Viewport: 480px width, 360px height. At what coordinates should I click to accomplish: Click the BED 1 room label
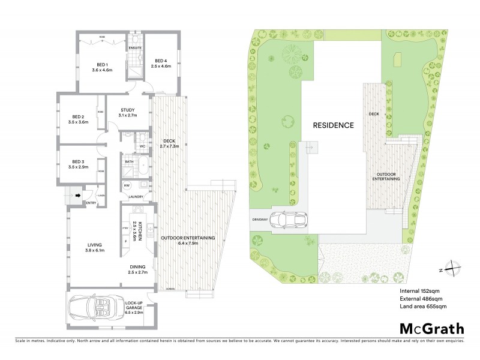[102, 65]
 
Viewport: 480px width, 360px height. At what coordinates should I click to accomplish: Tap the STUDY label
[127, 110]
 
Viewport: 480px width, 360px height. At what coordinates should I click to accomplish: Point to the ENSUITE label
[135, 47]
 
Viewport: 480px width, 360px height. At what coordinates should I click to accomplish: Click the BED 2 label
[78, 116]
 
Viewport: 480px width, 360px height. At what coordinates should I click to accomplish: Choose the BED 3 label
[78, 161]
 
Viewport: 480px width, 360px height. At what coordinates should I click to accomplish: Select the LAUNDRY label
[135, 196]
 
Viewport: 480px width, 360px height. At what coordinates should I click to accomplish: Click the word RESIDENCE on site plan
[332, 125]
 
